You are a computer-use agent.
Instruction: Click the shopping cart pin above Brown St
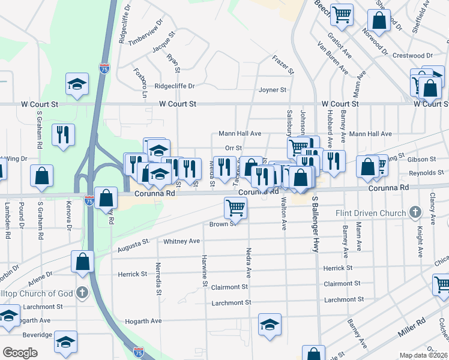click(235, 208)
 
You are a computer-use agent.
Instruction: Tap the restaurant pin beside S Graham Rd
click(63, 134)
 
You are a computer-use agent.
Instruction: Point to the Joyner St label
click(273, 90)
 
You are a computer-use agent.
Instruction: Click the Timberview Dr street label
click(142, 37)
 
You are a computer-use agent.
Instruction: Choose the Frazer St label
click(283, 64)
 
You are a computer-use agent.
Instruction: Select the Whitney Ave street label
click(181, 241)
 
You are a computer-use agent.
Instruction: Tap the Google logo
click(20, 353)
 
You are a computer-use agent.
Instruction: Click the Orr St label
click(233, 148)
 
